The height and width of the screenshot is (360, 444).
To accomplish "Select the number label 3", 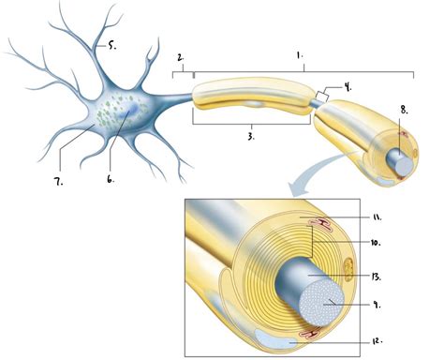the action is (x=251, y=136).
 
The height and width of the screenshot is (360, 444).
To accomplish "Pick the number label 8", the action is (x=404, y=109).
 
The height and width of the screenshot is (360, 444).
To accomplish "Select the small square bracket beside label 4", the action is (x=321, y=96).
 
